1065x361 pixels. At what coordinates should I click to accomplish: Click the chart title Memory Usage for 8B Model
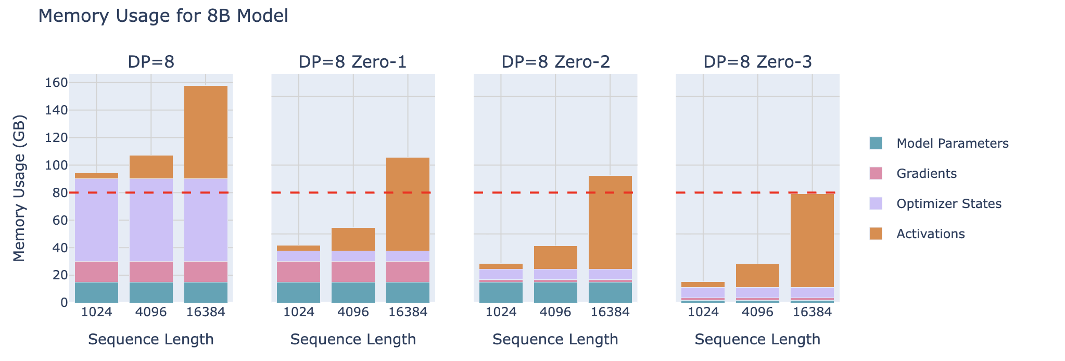(163, 16)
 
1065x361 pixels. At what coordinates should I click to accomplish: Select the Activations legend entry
(930, 234)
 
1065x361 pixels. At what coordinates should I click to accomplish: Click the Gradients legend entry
(926, 174)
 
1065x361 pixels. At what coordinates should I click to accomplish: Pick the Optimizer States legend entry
(948, 204)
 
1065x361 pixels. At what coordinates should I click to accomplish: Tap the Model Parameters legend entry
(952, 144)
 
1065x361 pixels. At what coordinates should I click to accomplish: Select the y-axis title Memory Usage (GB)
(19, 188)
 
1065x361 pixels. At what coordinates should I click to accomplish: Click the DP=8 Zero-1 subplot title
(352, 62)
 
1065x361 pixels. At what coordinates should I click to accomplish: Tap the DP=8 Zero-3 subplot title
(757, 62)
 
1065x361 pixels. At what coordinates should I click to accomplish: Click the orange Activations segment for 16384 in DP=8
(206, 132)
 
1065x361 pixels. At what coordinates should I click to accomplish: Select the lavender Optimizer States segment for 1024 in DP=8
(96, 220)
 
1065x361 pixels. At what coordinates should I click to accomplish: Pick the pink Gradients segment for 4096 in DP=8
(151, 272)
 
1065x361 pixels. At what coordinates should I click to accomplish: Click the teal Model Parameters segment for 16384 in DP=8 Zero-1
(408, 292)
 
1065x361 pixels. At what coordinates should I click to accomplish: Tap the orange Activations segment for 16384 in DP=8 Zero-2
(610, 222)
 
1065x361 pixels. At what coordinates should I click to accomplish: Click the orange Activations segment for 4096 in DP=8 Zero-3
(757, 276)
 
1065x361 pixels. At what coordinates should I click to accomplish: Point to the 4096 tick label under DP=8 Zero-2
(555, 312)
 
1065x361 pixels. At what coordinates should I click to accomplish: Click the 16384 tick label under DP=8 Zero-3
(812, 312)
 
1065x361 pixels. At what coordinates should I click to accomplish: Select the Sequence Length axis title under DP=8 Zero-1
(353, 340)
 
